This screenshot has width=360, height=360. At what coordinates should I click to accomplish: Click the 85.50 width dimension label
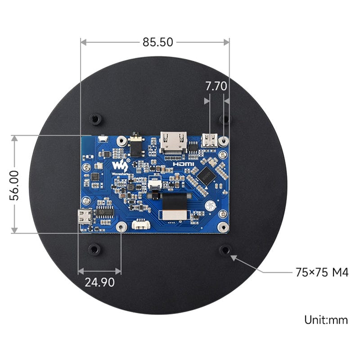(157, 42)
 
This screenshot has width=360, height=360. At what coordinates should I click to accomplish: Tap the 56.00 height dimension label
(15, 185)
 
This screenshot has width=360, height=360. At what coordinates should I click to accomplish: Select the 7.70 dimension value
(216, 86)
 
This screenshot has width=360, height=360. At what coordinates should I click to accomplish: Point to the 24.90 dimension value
(99, 282)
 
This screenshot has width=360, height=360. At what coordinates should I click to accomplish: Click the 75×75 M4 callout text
(322, 272)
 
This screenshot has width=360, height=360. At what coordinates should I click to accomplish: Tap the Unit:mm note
(326, 320)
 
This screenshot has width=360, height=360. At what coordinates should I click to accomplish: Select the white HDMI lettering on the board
(184, 165)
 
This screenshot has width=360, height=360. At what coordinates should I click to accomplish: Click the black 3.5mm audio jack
(135, 144)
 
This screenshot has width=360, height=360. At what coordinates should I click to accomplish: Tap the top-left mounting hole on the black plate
(95, 119)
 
